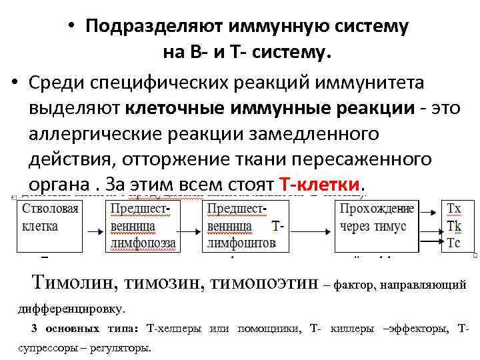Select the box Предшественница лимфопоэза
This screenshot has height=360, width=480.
pos(141,225)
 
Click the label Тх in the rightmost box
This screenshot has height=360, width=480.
pos(453,209)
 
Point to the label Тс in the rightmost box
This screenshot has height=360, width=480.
pos(453,243)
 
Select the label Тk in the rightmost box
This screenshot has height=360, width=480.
pos(453,226)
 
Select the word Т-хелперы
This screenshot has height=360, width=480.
pos(174,329)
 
